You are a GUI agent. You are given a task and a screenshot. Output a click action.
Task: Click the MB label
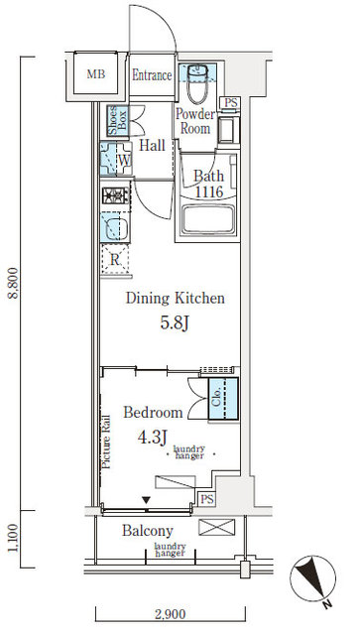tap(96, 75)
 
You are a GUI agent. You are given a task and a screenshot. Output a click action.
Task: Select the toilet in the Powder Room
tap(198, 83)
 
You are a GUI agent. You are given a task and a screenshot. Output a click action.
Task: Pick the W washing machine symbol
tap(123, 159)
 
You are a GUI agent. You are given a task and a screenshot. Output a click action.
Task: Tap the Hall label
tap(152, 145)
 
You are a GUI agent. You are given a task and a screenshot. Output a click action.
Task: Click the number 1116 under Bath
tap(208, 191)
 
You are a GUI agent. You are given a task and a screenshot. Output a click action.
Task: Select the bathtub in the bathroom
tap(209, 219)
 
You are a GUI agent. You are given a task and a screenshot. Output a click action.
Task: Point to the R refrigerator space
tap(115, 261)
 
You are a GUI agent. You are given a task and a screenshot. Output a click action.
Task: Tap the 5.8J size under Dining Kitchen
tap(175, 323)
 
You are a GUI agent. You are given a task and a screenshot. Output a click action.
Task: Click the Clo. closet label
tap(217, 397)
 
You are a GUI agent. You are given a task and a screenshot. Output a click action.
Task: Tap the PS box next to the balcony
tap(206, 499)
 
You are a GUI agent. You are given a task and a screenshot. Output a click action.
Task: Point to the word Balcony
tap(148, 531)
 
